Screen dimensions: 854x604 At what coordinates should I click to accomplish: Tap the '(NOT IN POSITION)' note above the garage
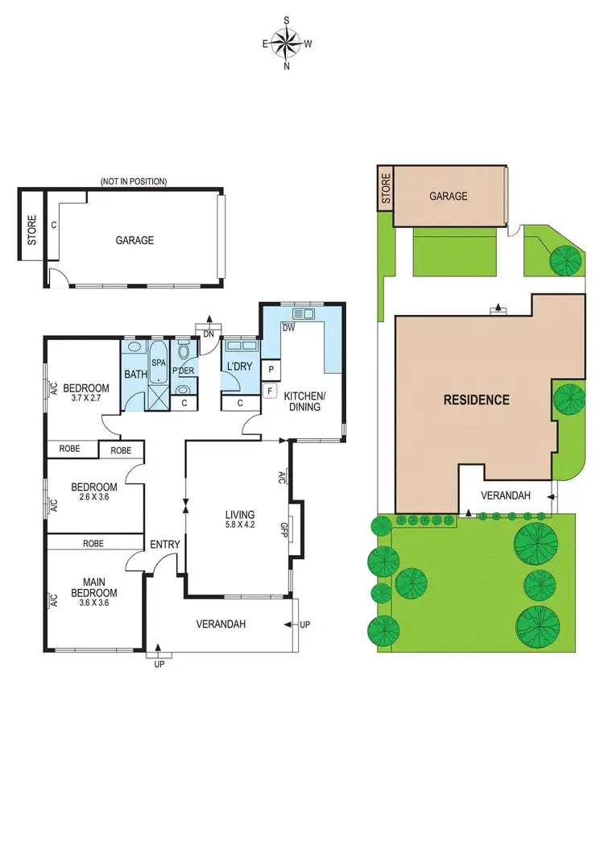[x=134, y=182]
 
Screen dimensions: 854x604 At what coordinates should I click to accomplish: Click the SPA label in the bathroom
[x=159, y=363]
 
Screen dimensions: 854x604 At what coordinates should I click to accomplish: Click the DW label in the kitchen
[x=287, y=327]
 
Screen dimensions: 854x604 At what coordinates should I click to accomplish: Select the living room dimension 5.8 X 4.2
[x=240, y=525]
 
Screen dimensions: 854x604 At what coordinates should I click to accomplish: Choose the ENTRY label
[x=165, y=545]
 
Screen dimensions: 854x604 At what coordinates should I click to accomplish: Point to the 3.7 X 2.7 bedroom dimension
[x=87, y=398]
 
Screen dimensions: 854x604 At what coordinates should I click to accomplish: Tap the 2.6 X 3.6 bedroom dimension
[x=94, y=498]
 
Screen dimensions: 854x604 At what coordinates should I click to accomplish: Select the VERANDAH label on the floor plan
[x=221, y=624]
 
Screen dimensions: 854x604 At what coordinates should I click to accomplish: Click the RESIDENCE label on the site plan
[x=475, y=400]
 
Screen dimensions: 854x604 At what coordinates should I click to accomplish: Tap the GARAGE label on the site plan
[x=448, y=196]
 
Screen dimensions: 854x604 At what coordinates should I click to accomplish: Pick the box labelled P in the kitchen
[x=271, y=370]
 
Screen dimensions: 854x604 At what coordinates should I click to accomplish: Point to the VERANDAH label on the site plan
[x=506, y=495]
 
